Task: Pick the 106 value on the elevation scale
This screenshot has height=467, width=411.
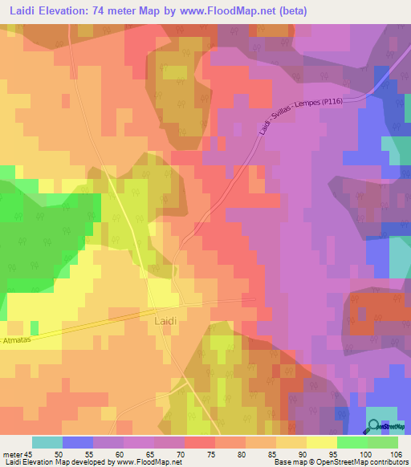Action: (x=396, y=455)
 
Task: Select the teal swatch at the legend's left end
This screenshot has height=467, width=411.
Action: (x=47, y=443)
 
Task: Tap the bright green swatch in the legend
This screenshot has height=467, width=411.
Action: (x=352, y=443)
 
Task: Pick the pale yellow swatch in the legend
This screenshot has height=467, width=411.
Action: (x=321, y=443)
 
